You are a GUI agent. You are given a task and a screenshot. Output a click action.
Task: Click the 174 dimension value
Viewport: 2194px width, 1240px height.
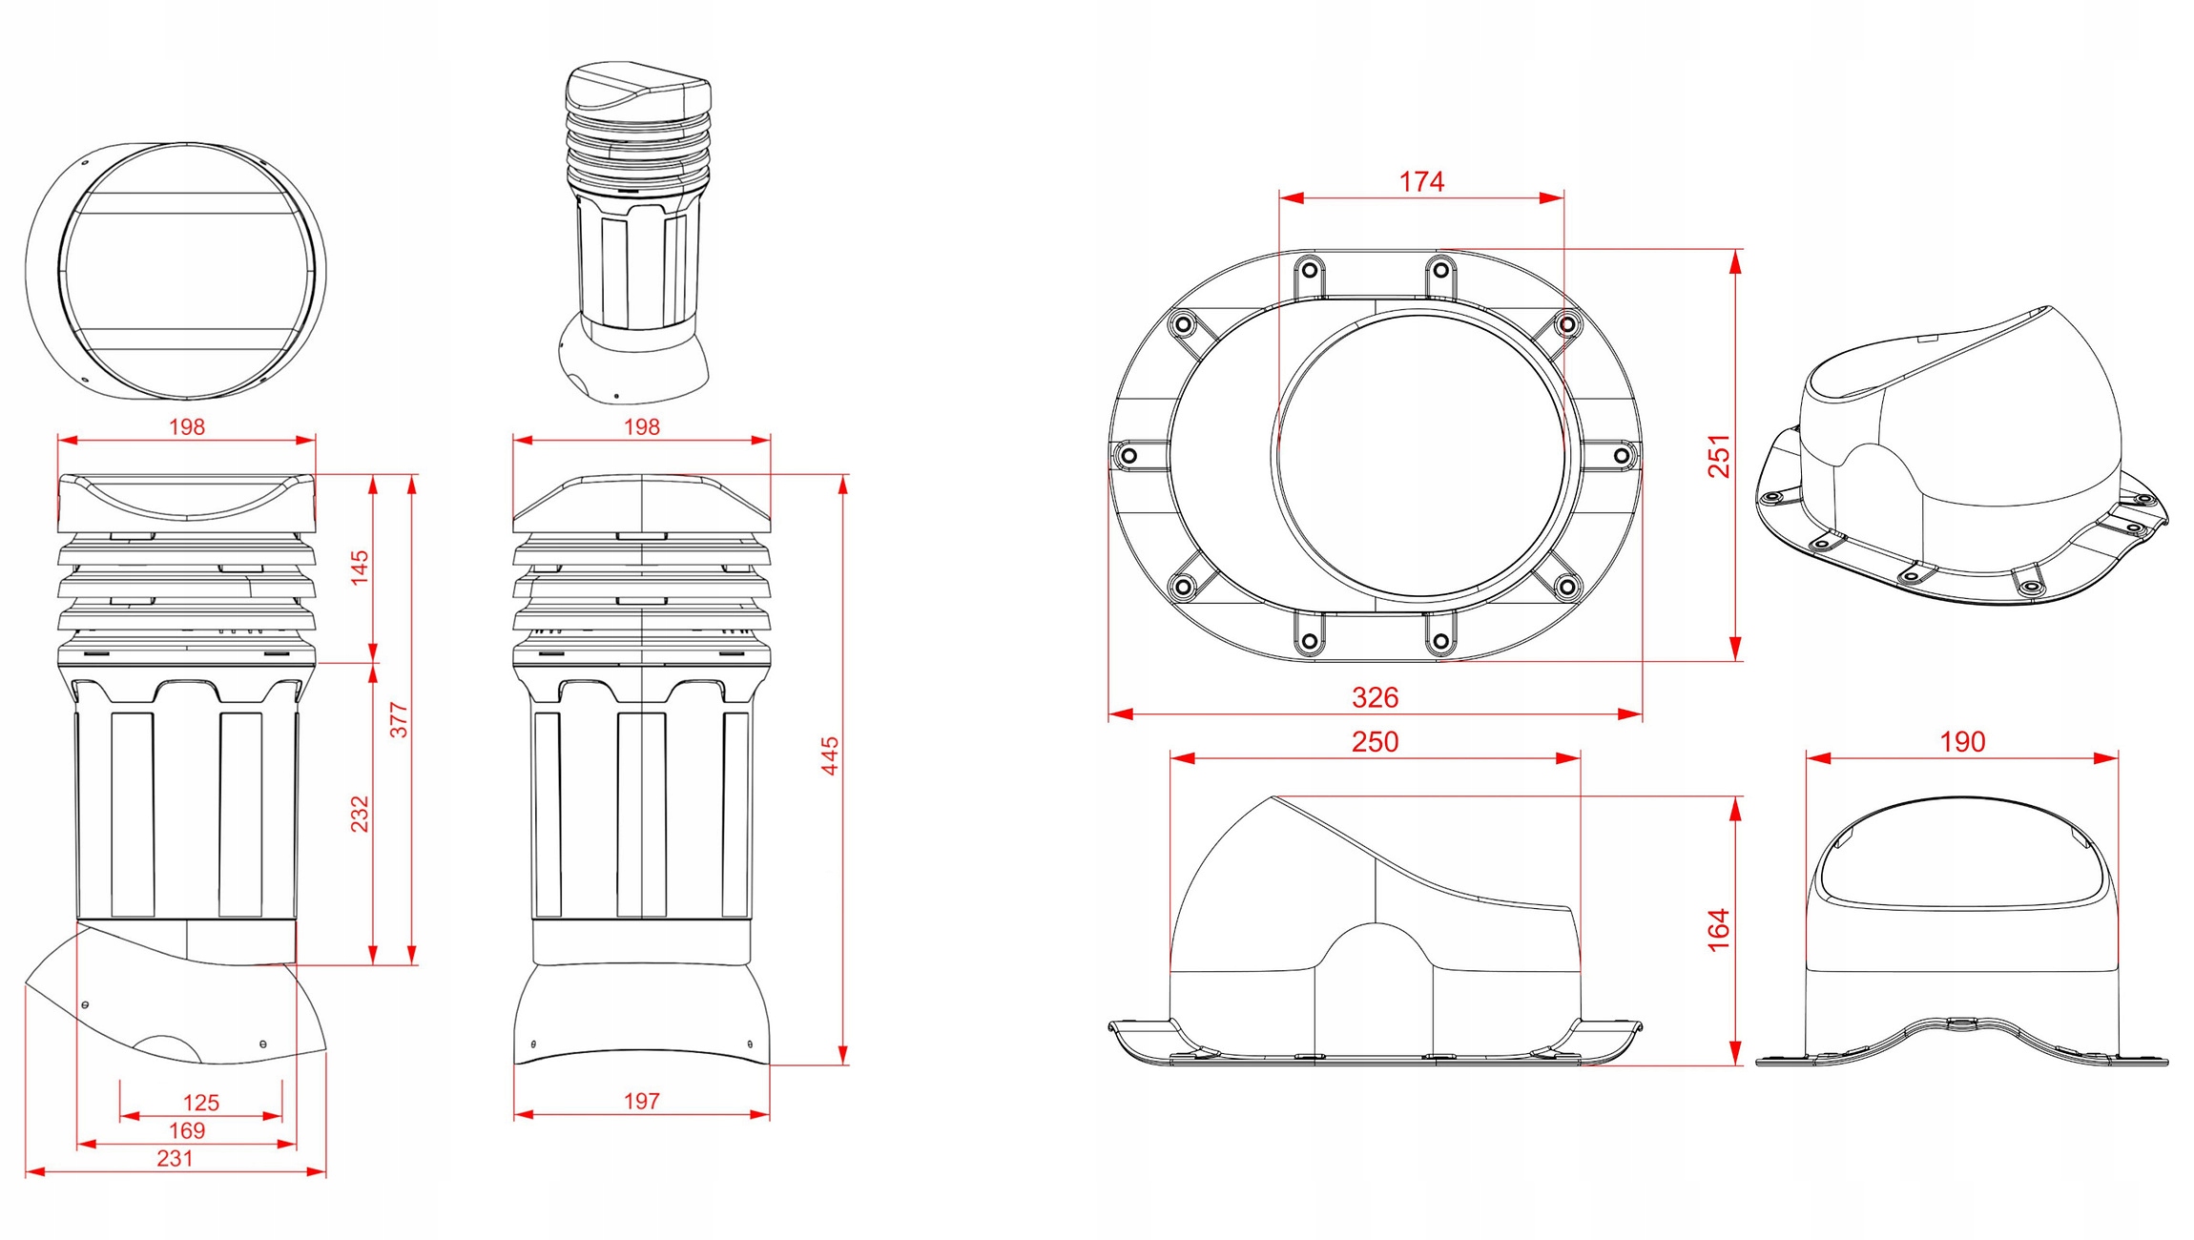(x=1420, y=181)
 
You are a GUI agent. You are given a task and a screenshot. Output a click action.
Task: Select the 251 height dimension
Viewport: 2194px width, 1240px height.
(x=1719, y=456)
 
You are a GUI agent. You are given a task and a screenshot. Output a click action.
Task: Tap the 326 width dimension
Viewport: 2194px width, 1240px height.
(x=1375, y=697)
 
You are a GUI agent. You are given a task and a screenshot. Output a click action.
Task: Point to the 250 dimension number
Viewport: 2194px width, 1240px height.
(x=1375, y=742)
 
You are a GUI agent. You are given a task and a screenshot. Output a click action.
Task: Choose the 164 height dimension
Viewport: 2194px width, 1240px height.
(x=1719, y=930)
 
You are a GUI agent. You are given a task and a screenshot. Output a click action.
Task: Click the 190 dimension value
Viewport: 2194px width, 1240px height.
(x=1962, y=742)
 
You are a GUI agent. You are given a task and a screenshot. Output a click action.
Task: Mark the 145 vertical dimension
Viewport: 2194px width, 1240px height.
(x=360, y=568)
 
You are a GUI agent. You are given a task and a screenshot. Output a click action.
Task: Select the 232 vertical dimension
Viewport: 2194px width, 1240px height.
(x=360, y=814)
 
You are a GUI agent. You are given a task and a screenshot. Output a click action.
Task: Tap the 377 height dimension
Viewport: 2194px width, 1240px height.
(x=399, y=720)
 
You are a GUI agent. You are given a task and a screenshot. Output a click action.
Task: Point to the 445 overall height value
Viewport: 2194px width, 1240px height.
(x=830, y=755)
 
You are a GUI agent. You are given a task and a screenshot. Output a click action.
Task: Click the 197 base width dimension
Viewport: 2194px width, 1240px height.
(x=641, y=1102)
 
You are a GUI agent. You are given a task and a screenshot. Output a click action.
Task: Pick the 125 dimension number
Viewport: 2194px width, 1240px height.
(x=200, y=1104)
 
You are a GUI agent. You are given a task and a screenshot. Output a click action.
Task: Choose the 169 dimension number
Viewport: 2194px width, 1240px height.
(x=187, y=1131)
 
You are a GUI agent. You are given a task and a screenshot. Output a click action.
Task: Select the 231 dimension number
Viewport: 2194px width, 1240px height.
(x=175, y=1159)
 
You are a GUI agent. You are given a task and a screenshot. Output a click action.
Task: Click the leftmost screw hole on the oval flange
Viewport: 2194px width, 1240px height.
(x=1128, y=456)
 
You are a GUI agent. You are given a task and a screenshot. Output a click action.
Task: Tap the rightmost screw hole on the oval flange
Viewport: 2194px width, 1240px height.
(x=1622, y=456)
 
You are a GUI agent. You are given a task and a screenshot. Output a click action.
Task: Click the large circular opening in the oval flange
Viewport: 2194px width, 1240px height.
(x=1421, y=455)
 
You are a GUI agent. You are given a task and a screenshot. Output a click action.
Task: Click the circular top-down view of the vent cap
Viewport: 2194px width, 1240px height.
(x=176, y=272)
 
